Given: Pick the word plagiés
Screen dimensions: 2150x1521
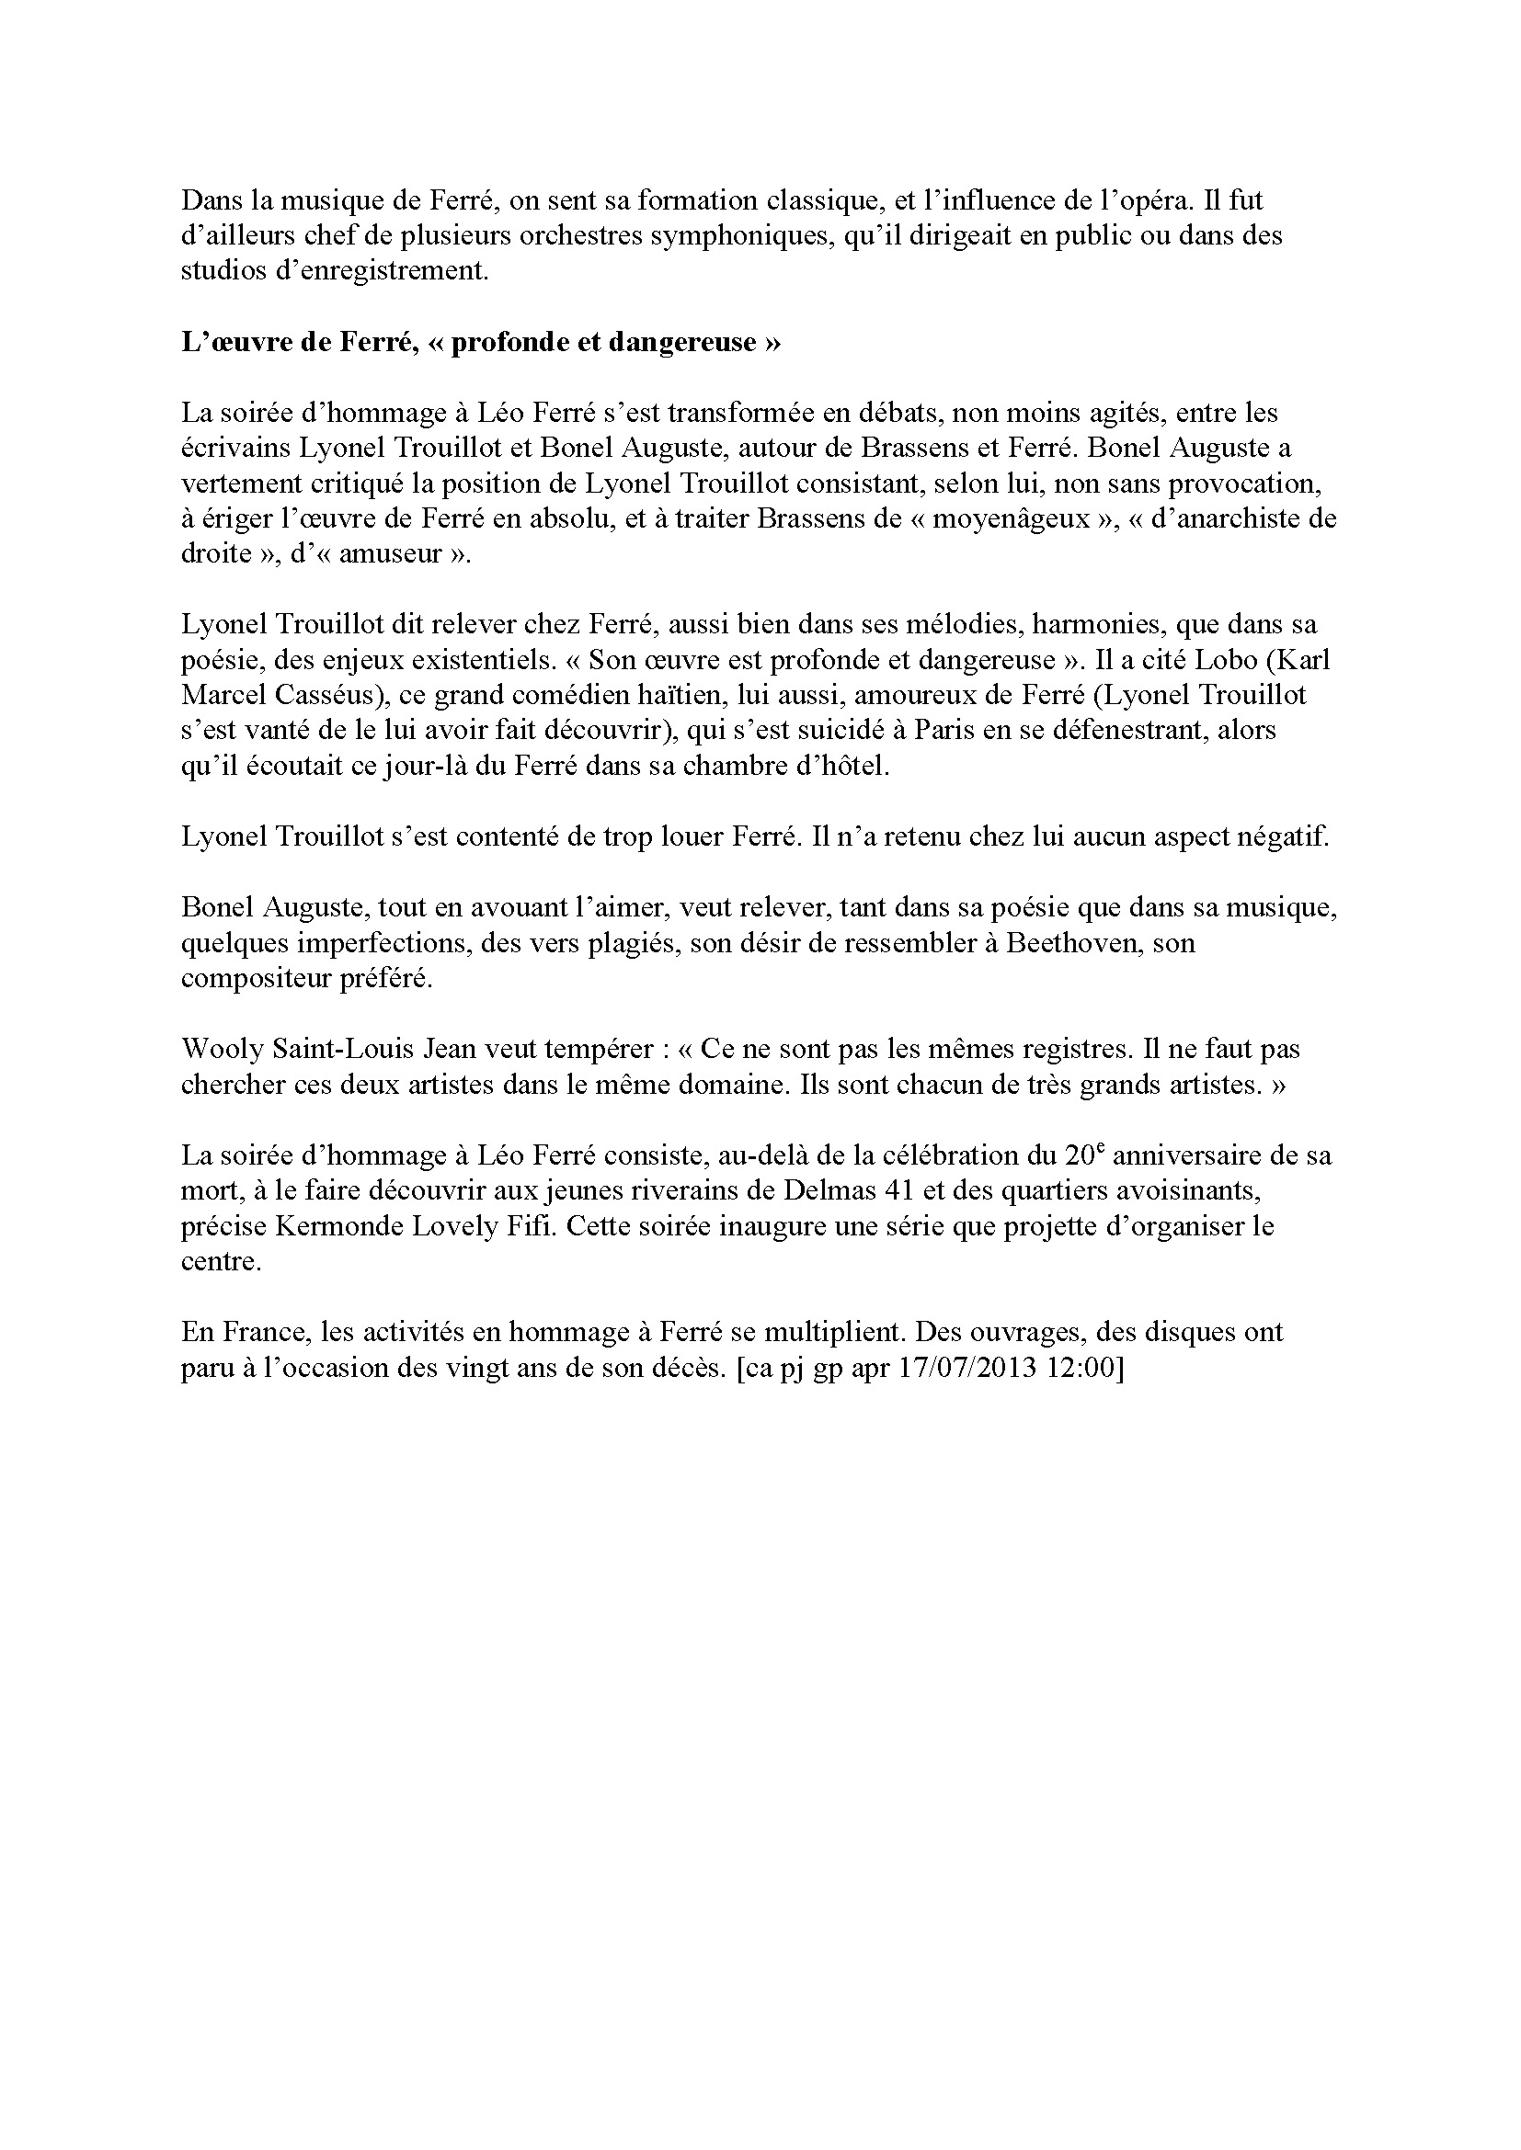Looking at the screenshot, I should point(632,943).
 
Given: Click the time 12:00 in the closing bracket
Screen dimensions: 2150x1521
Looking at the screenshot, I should point(1082,1368).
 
